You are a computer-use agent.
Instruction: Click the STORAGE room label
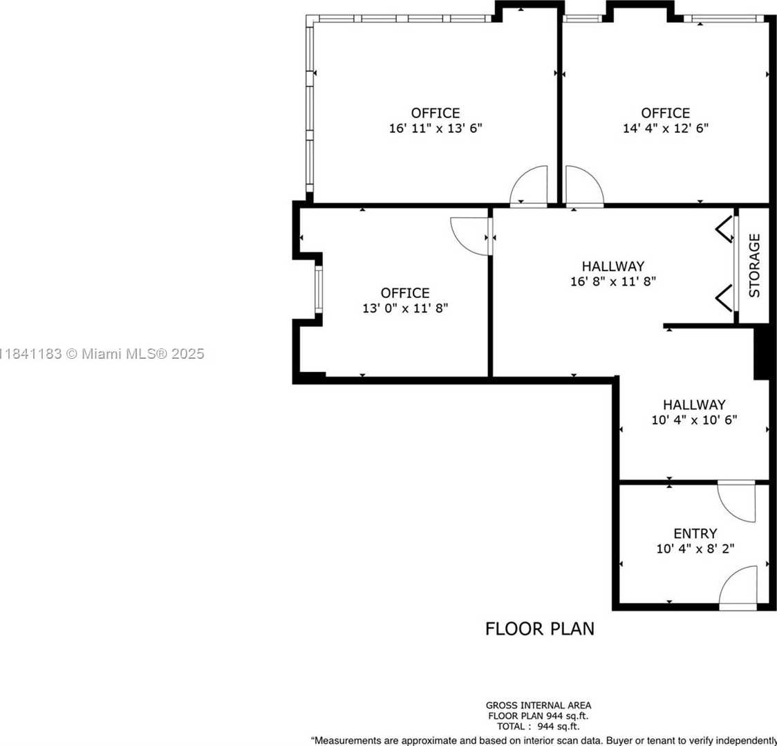[754, 265]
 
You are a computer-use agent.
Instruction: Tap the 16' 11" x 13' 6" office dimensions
[435, 129]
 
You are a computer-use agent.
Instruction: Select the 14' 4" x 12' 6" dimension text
[665, 129]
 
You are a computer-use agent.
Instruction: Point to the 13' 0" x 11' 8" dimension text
[405, 308]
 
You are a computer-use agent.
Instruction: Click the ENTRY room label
[695, 534]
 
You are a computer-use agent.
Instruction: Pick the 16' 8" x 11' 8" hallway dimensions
[612, 281]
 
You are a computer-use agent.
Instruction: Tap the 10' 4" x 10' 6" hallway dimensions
[694, 420]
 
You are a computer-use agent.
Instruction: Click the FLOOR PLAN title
[539, 628]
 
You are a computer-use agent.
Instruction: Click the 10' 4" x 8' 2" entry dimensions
[695, 549]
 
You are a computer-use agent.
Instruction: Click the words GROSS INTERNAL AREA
[539, 706]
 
